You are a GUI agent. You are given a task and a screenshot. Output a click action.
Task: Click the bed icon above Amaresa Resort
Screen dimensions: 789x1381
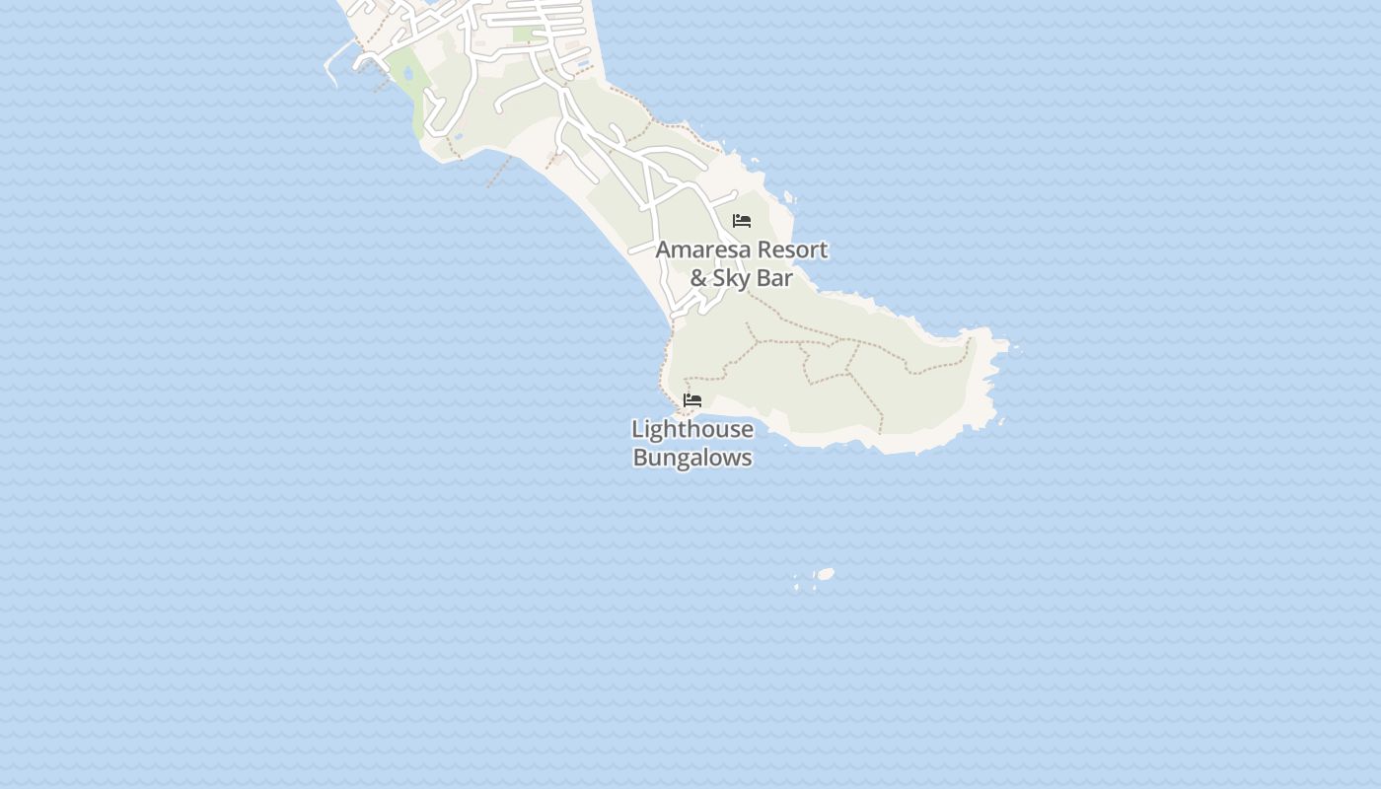(742, 221)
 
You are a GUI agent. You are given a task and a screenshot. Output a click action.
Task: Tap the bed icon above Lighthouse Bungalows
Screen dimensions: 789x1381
(692, 400)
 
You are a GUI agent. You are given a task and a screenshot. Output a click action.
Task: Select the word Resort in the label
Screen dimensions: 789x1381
(788, 251)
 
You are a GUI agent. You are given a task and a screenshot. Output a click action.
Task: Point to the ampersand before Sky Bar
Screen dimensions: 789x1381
(698, 279)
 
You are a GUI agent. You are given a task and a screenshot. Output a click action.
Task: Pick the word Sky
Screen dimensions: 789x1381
(732, 279)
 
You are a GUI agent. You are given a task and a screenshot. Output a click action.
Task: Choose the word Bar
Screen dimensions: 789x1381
(775, 279)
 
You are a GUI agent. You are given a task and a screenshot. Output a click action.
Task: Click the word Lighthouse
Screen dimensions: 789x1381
(692, 430)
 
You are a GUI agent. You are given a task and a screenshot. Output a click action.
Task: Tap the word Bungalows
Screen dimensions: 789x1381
(692, 458)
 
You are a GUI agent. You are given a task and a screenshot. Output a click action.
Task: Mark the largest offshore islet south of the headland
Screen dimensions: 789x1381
(826, 574)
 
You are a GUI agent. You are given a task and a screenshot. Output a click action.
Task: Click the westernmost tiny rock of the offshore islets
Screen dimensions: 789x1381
(796, 588)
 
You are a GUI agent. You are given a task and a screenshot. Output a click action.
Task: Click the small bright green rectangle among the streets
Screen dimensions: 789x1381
(522, 35)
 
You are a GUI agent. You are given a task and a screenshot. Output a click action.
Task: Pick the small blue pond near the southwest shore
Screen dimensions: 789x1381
(457, 137)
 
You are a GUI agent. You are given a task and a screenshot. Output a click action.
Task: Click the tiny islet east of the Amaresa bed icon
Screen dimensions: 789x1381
(788, 195)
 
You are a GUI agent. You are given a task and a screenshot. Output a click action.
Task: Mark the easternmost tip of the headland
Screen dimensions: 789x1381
(1016, 347)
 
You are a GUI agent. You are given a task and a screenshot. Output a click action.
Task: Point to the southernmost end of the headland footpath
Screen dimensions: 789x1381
(881, 432)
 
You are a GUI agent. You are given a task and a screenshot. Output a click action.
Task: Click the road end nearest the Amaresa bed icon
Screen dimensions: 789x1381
(734, 193)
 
